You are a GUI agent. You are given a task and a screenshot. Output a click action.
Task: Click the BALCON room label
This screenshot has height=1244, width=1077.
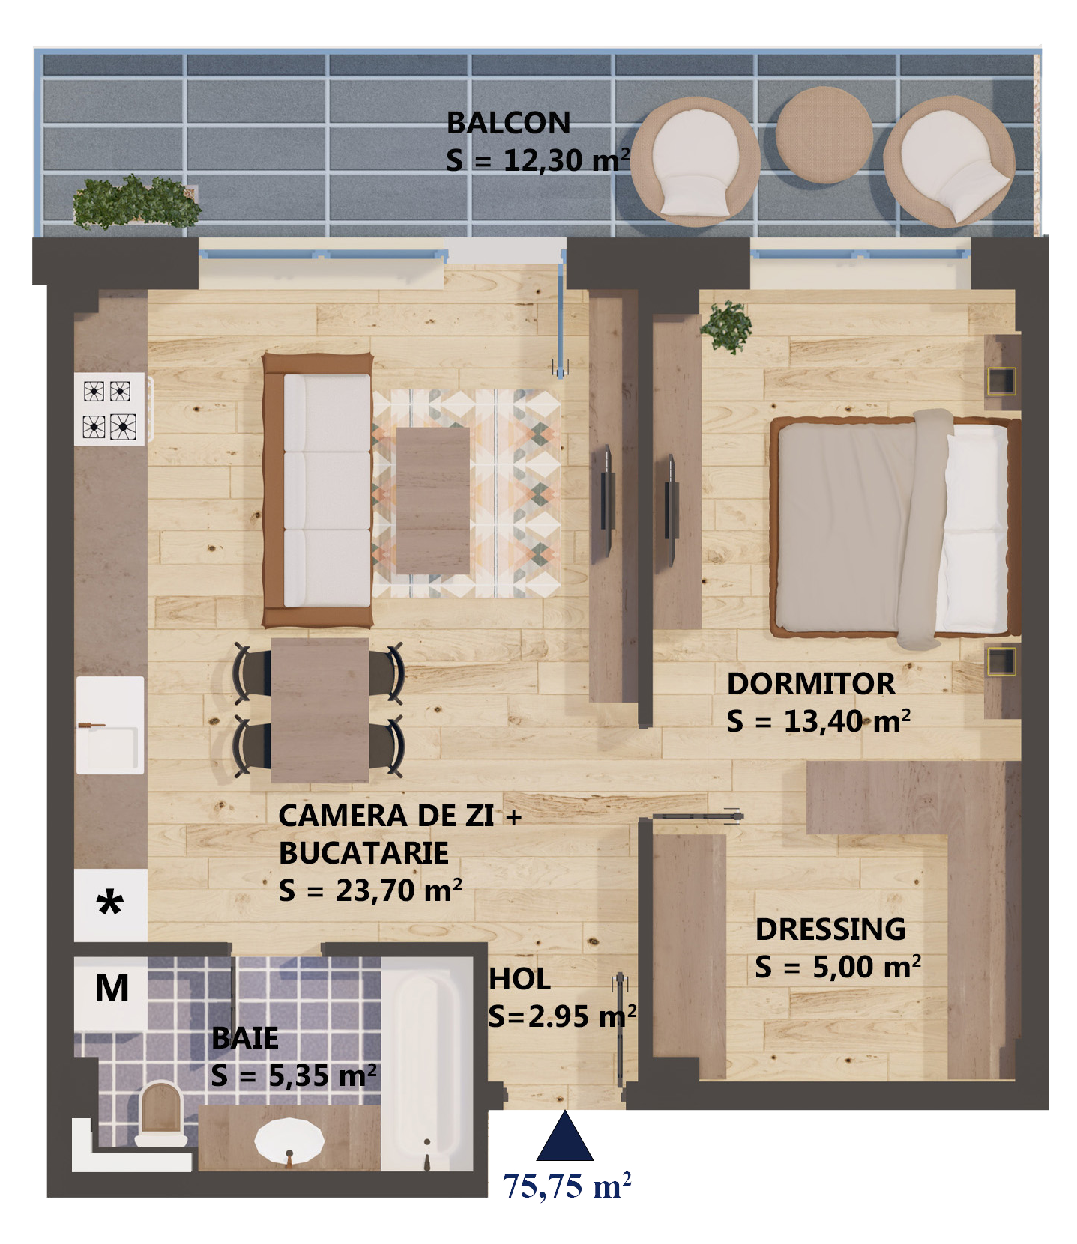[x=508, y=123]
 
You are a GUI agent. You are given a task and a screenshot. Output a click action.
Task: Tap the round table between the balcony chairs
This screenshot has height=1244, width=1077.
[x=824, y=135]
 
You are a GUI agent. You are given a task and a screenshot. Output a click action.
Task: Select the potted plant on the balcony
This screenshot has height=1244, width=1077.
[x=136, y=201]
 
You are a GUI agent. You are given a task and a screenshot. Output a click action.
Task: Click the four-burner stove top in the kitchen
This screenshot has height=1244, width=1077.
[x=110, y=409]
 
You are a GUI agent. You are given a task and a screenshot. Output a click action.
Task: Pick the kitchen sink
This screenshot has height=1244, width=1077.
[x=110, y=725]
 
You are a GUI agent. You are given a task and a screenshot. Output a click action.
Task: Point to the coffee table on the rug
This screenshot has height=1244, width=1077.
[x=432, y=500]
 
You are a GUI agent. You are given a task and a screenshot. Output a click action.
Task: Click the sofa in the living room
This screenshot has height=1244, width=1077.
[x=318, y=490]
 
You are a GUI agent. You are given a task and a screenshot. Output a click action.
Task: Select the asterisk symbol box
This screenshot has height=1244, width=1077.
[x=110, y=904]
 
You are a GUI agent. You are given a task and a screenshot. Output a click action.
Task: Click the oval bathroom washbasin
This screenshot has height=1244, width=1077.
[x=289, y=1142]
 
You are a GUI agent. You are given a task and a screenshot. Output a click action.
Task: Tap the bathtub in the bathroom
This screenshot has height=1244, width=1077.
[x=427, y=1063]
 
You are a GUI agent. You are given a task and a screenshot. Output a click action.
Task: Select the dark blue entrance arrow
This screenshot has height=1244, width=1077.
[x=564, y=1136]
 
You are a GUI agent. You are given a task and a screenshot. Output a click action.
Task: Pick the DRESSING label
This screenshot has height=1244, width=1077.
[x=830, y=929]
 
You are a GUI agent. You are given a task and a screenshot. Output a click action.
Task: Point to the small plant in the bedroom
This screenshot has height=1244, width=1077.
[x=727, y=327]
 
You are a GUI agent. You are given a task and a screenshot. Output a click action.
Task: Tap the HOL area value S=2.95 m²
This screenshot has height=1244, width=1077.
[x=562, y=1016]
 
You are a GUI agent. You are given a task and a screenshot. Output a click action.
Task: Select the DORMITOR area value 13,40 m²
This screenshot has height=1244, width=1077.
[x=847, y=721]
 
